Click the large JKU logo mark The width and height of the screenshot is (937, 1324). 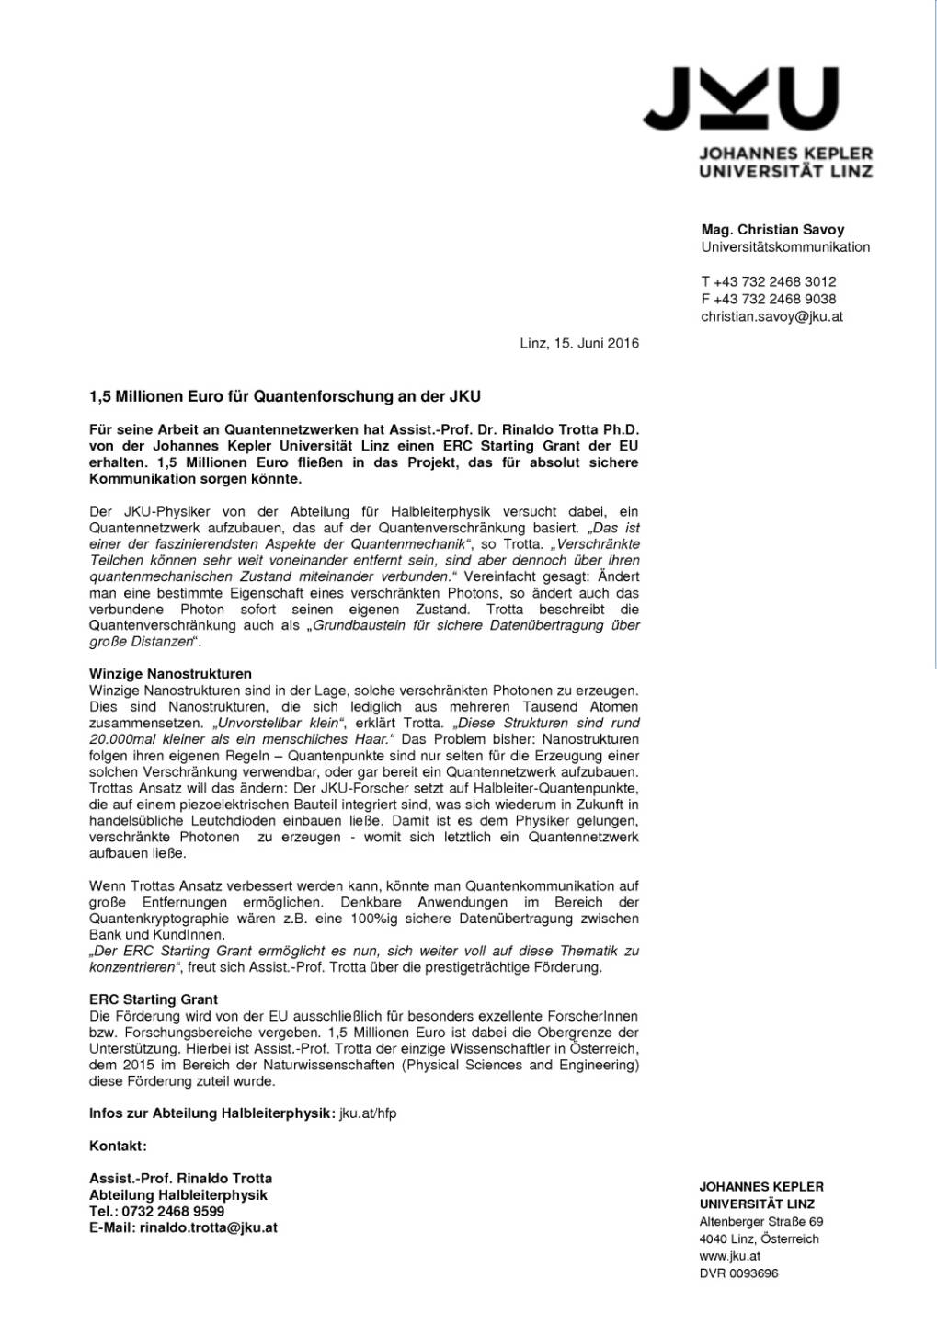(x=740, y=98)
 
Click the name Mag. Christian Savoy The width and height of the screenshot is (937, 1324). (x=772, y=230)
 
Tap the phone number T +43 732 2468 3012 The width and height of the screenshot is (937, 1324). (x=769, y=281)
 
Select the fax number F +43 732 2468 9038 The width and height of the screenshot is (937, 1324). (x=769, y=299)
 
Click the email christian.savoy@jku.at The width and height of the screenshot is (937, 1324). (x=771, y=316)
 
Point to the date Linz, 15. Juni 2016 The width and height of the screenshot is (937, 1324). (x=579, y=343)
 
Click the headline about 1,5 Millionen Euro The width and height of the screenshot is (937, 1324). (x=285, y=397)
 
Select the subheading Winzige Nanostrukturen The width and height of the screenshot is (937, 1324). (x=170, y=674)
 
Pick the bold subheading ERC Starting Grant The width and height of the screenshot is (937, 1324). (x=154, y=999)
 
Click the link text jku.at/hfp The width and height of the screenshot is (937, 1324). (x=368, y=1113)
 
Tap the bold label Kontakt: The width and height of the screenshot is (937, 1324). (x=118, y=1146)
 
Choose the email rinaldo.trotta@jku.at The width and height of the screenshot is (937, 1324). (x=208, y=1227)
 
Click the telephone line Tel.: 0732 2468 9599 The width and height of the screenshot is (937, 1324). (x=156, y=1211)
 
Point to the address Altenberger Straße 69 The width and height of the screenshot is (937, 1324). (x=760, y=1222)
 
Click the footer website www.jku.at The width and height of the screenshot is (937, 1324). (x=729, y=1256)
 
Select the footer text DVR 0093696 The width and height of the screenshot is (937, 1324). (x=738, y=1273)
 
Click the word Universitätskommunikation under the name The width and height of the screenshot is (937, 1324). (x=785, y=247)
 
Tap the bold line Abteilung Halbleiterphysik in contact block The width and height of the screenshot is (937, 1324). (x=178, y=1195)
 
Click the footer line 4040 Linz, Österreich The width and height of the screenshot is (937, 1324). (x=759, y=1239)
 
